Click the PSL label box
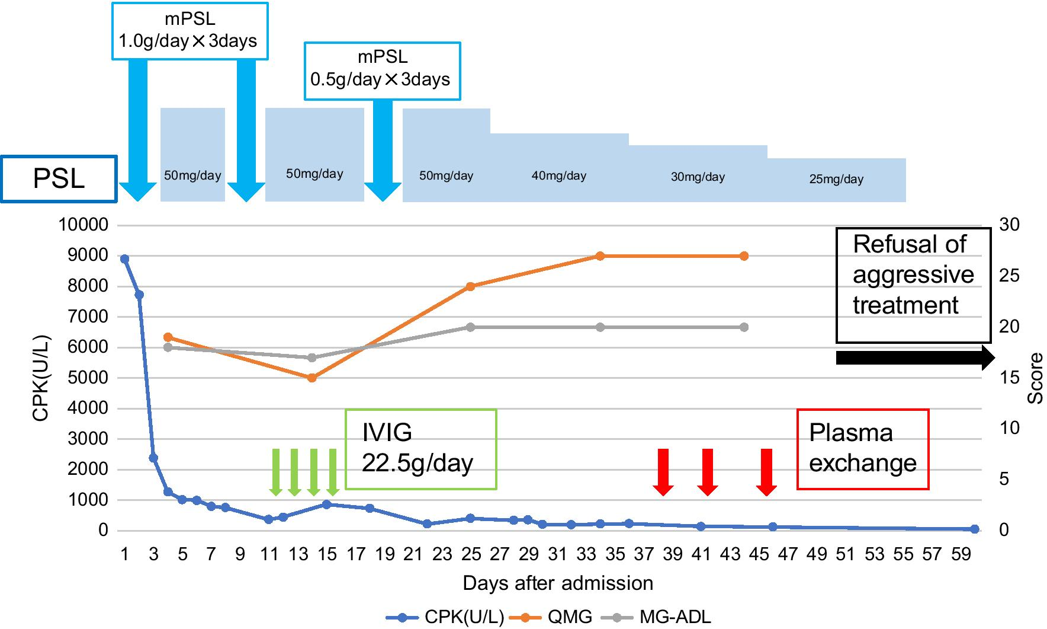coord(59,178)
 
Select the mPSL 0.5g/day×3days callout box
coord(382,71)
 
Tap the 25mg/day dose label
coord(836,179)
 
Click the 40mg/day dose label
coord(558,175)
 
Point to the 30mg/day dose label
coord(698,177)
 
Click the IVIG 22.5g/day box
coord(420,449)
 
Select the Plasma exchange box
coord(862,449)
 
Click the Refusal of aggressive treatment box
coord(913,285)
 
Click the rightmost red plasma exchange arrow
coord(766,471)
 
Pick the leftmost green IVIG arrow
coord(275,471)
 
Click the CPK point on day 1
coord(124,259)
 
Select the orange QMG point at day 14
coord(312,378)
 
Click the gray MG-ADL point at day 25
coord(470,327)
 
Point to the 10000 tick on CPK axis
coord(83,225)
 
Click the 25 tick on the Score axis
coord(1009,276)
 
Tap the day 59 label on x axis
coord(961,554)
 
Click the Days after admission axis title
coord(558,583)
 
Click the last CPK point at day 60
coord(975,529)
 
